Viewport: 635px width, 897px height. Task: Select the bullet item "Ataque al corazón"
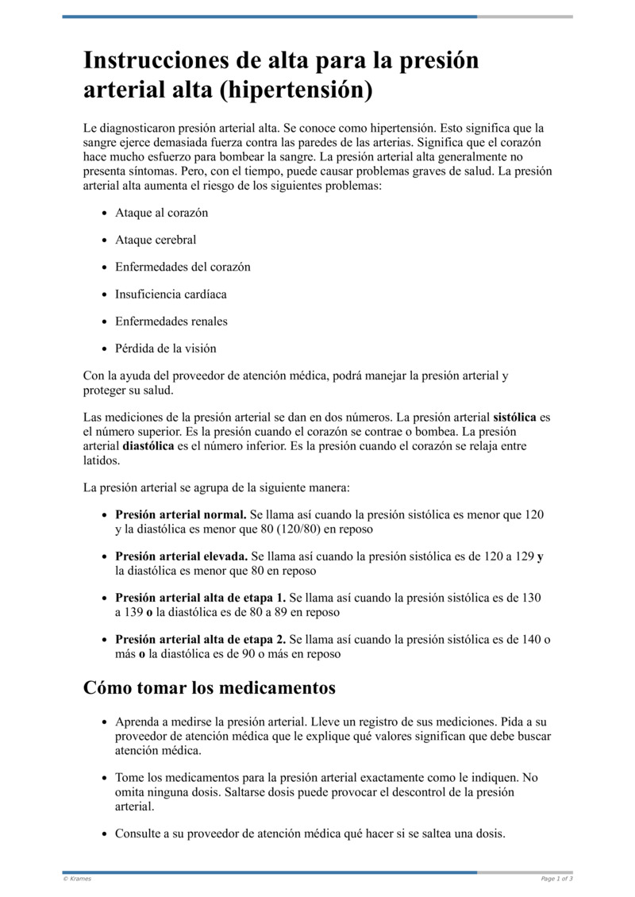pos(161,214)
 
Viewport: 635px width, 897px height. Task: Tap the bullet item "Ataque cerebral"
pos(156,241)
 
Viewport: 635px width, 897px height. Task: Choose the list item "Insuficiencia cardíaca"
pos(171,295)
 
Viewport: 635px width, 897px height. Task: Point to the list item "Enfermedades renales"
pos(171,321)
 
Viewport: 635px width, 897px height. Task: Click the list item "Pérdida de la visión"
pos(165,348)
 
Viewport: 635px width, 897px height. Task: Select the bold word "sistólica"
pos(514,417)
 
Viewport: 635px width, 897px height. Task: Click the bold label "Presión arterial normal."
pos(182,514)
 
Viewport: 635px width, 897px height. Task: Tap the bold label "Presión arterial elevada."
pos(182,556)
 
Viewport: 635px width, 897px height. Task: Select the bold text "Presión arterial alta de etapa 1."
pos(201,598)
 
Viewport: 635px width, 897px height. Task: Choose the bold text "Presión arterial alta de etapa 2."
pos(201,640)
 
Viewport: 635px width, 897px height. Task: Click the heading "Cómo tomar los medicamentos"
pos(210,687)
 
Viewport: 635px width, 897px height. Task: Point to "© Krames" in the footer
pos(77,879)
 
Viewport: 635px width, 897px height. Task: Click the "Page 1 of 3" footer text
pos(556,879)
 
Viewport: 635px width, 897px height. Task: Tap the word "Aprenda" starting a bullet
pos(138,722)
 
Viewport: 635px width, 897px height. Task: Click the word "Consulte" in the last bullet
pos(140,833)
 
